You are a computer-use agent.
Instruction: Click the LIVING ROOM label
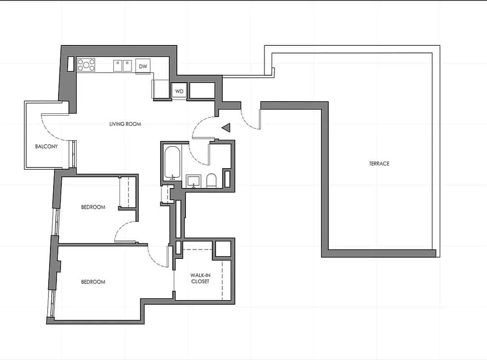click(x=125, y=124)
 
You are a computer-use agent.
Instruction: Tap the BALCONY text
click(x=46, y=146)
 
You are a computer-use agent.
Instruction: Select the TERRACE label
click(x=379, y=163)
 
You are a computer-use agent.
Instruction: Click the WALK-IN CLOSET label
click(x=200, y=278)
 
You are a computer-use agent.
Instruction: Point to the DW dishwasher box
click(x=143, y=66)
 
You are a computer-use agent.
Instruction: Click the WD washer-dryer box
click(x=179, y=91)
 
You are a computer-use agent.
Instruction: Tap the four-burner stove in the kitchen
click(x=86, y=65)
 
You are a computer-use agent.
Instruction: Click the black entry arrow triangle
click(x=226, y=128)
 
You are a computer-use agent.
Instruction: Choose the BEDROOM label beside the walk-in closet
click(x=93, y=282)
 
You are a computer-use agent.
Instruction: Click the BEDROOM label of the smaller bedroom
click(x=93, y=207)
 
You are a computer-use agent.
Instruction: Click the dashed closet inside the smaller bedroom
click(x=127, y=192)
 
